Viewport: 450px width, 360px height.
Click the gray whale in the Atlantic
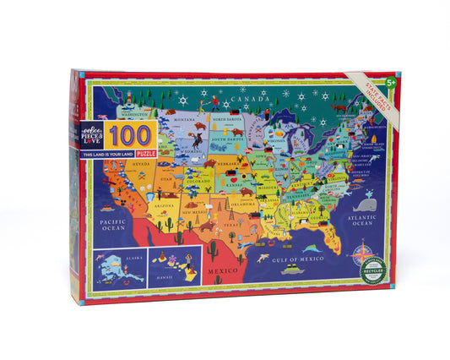tap(365, 204)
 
